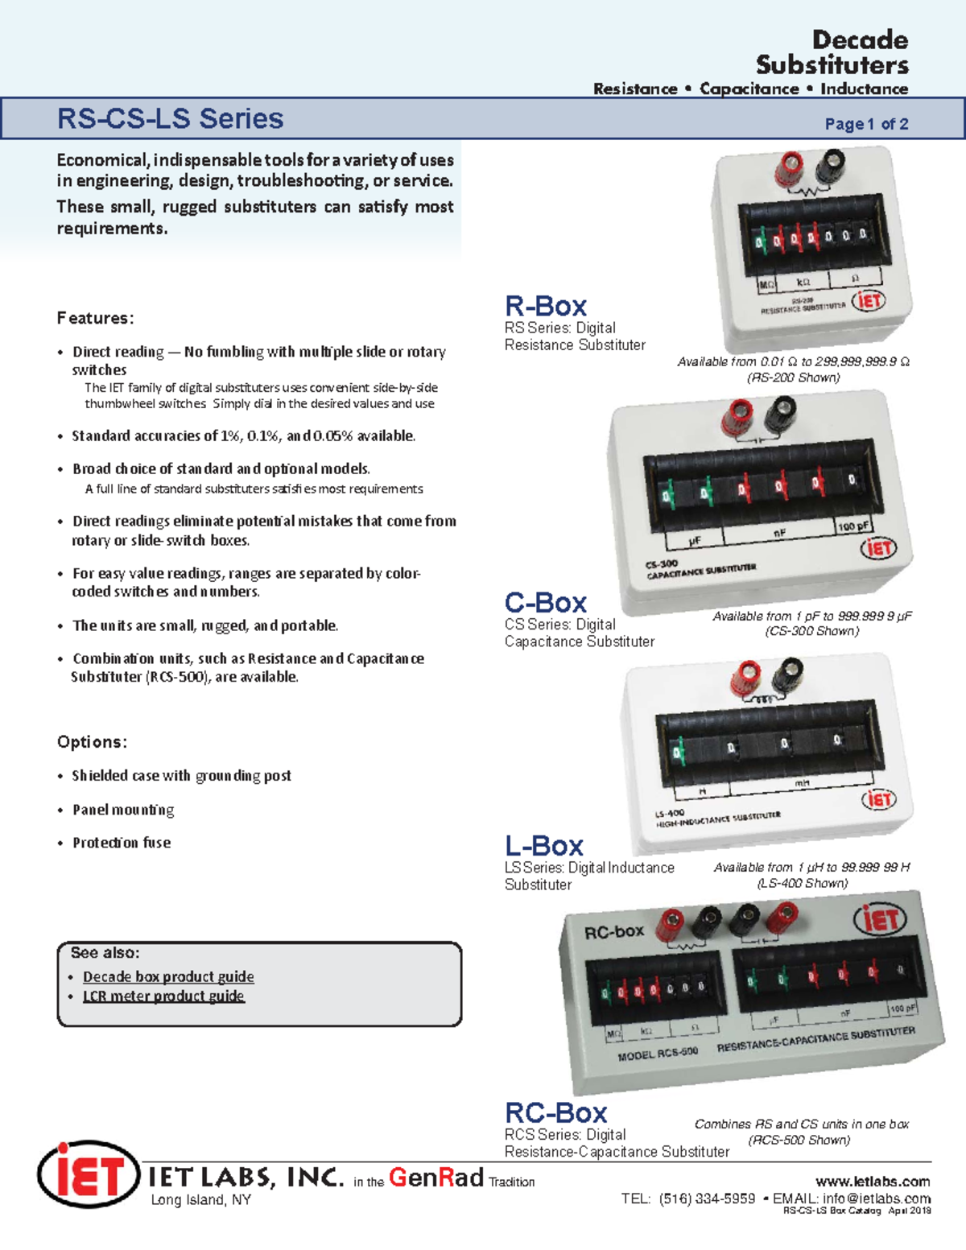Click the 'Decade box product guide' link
coord(168,976)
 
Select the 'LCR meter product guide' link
coord(163,996)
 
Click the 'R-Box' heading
coord(546,306)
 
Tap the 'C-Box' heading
coord(546,602)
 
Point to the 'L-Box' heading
coord(544,845)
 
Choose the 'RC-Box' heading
coord(555,1112)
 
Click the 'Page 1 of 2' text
coord(866,124)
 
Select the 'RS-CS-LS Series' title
coord(170,119)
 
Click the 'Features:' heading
coord(95,318)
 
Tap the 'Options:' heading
coord(92,742)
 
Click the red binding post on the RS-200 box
coord(788,167)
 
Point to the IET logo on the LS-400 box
coord(877,799)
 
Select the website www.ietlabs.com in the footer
coord(873,1182)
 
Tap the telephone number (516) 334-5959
coord(707,1198)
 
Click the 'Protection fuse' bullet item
coord(122,843)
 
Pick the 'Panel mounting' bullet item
coord(123,810)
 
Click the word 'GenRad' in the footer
coord(436,1178)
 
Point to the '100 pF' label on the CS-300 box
coord(852,526)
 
